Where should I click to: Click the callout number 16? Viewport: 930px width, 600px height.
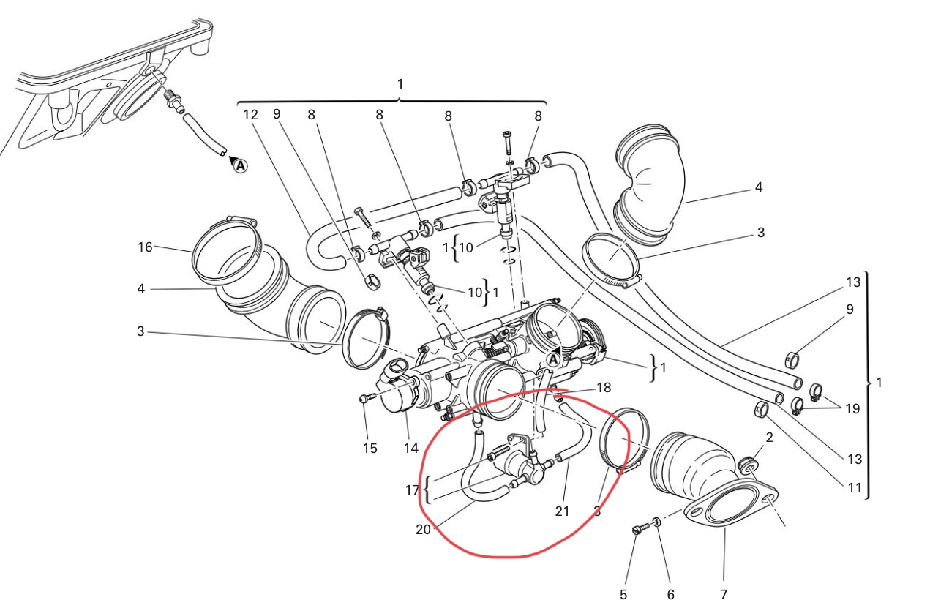click(x=145, y=247)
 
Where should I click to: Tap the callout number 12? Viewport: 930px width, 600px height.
click(x=250, y=115)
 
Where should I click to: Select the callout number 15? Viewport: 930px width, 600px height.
click(x=370, y=448)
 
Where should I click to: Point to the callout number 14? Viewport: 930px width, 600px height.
click(x=411, y=448)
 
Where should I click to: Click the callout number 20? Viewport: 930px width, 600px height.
click(x=423, y=530)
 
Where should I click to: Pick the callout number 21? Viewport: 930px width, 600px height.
click(x=561, y=511)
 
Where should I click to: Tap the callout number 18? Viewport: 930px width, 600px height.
click(x=604, y=387)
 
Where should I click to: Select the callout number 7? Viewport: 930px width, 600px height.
click(x=723, y=593)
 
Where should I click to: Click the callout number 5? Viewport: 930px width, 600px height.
click(x=623, y=593)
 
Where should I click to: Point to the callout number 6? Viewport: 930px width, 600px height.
click(x=670, y=593)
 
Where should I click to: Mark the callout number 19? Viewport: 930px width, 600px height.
click(x=852, y=408)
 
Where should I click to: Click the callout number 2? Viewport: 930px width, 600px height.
click(x=769, y=438)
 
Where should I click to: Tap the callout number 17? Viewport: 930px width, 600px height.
click(x=411, y=489)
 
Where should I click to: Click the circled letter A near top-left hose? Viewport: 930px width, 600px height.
click(x=240, y=166)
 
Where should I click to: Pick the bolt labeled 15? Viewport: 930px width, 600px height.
click(x=366, y=398)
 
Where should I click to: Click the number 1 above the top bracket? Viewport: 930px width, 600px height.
click(x=400, y=84)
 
